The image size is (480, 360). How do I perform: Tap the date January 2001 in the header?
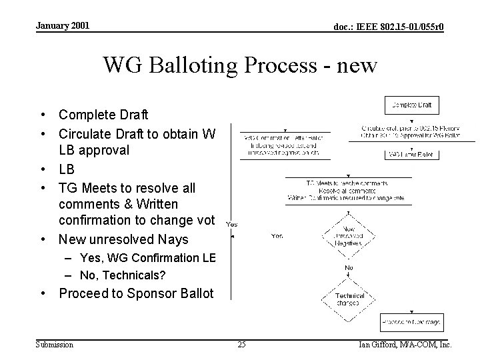coord(61,26)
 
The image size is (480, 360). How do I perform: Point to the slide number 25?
coord(241,345)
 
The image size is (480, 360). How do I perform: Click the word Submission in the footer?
coord(55,345)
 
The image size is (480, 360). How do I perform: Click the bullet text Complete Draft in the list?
coord(103,115)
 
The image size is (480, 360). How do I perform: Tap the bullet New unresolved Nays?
coord(124,239)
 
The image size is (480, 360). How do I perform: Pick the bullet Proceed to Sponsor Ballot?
coord(137,293)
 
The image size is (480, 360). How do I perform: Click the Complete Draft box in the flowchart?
coord(412,105)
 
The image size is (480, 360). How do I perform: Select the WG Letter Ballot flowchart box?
coord(411,155)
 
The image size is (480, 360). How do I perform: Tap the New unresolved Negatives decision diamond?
coord(348,233)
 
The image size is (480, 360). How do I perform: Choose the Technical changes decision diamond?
coord(348,298)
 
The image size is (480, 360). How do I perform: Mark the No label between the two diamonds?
coord(348,268)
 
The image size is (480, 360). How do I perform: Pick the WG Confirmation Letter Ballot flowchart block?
coord(283,145)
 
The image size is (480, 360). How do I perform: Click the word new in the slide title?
coord(355,65)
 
